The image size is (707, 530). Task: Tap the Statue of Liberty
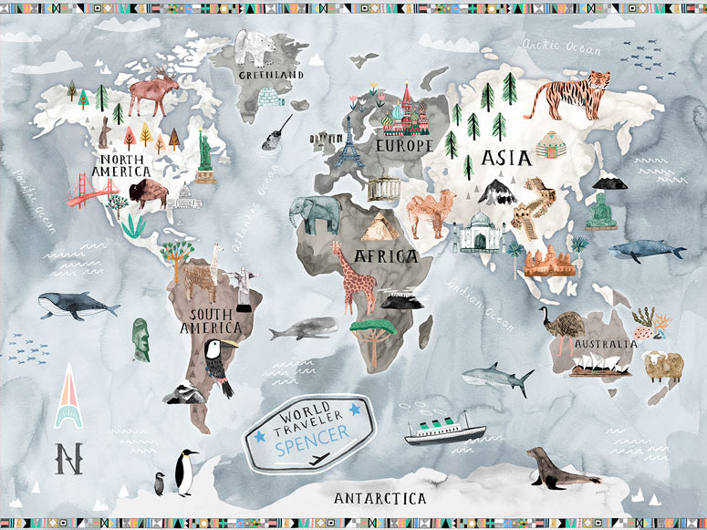coord(204,151)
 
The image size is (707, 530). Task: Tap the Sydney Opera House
coord(600,365)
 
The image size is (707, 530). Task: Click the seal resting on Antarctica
coord(559,467)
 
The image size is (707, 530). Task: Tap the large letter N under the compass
coord(66,457)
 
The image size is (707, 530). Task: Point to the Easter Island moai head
coord(140,338)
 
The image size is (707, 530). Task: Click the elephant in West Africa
coord(314,214)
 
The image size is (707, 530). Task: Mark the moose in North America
coord(152,91)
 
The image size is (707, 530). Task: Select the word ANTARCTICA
coord(379,498)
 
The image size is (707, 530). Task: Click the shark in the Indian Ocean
coord(498,377)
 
